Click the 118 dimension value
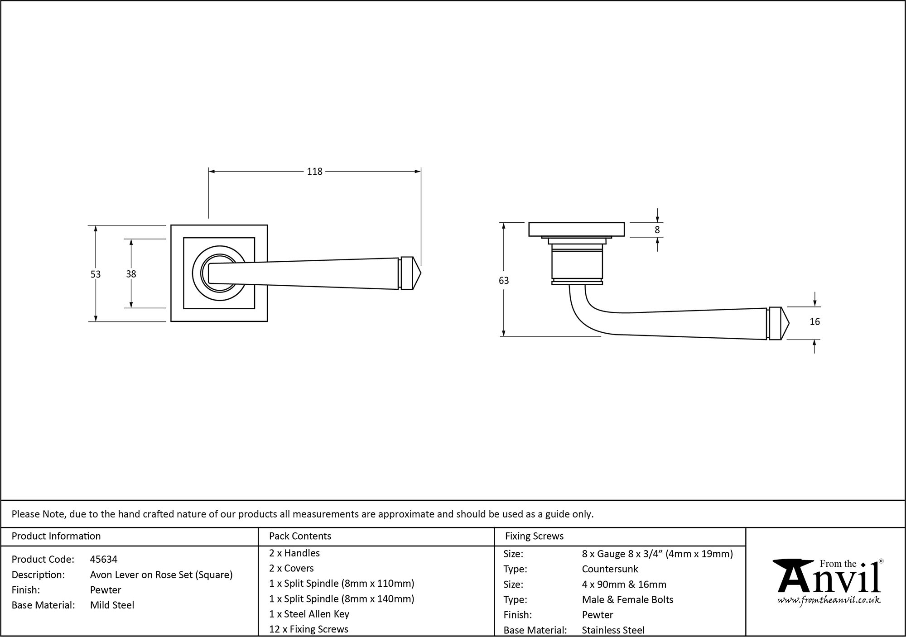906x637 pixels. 314,172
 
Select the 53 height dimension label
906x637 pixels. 95,274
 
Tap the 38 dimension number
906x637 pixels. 131,274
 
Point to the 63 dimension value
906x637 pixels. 503,281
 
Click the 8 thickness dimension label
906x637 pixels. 657,230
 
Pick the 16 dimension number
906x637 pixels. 814,322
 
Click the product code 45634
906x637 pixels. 104,560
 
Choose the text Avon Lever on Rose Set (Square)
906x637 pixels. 161,575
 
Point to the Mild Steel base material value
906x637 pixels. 112,605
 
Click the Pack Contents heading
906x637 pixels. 300,536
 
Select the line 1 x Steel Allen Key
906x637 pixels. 309,614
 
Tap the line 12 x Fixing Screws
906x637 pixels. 308,629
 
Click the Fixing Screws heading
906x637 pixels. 534,536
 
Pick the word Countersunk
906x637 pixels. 610,569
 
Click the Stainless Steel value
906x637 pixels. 613,630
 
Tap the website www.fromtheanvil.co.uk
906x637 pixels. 829,600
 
